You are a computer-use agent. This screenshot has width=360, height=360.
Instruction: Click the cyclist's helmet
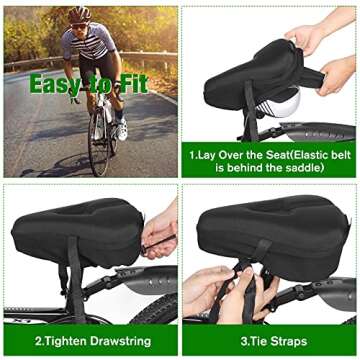pyautogui.click(x=79, y=14)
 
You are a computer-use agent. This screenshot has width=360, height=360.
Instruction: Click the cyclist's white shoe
pyautogui.click(x=120, y=130)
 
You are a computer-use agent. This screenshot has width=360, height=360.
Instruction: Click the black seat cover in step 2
pyautogui.click(x=75, y=225)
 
